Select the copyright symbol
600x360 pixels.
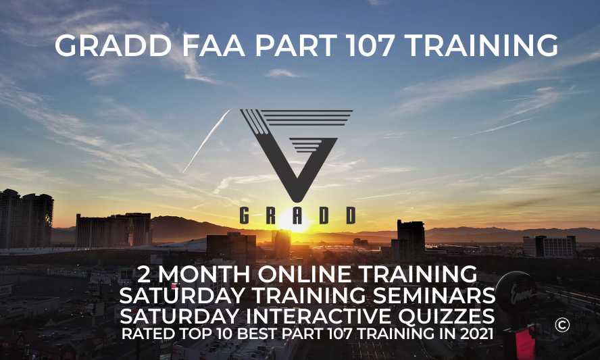562,325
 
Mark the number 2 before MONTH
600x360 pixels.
144,275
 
